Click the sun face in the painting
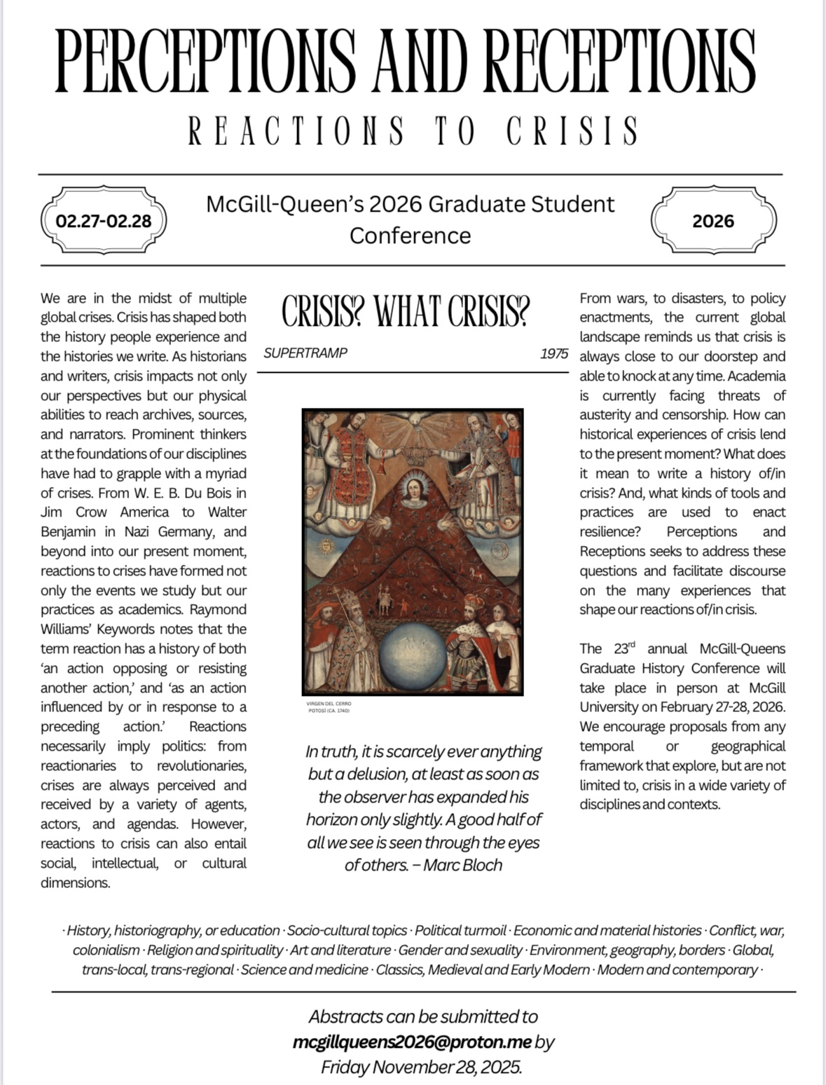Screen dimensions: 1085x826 click(325, 544)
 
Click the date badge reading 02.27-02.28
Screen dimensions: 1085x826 click(104, 221)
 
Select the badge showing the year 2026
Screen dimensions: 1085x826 click(713, 221)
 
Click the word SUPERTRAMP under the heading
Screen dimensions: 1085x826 click(305, 353)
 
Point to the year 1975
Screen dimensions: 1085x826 click(553, 353)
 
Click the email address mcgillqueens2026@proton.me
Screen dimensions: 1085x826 click(412, 1042)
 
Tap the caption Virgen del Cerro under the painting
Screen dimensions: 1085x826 click(329, 703)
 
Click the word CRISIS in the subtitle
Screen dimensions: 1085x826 click(572, 131)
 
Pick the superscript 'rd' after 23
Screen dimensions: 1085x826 click(631, 644)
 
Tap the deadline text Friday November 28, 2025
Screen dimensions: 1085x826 click(422, 1067)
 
